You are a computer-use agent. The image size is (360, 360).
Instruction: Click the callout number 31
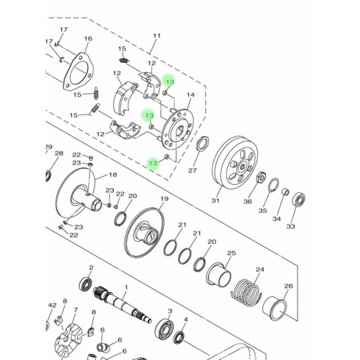(x=215, y=201)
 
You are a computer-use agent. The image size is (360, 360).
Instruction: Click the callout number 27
(x=192, y=170)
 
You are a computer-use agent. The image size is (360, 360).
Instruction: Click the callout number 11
(x=157, y=36)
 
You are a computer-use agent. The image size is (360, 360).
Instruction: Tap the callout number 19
(x=164, y=199)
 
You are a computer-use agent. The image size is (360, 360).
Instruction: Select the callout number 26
(x=288, y=286)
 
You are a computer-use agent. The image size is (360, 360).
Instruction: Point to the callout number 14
(x=191, y=95)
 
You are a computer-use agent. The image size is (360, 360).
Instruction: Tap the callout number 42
(x=52, y=305)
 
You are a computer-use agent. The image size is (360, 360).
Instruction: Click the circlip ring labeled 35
(x=274, y=185)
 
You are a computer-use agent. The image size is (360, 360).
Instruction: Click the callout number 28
(x=59, y=153)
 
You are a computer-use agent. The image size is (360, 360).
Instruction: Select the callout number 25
(x=231, y=253)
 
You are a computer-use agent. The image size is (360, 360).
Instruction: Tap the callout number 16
(x=88, y=38)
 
